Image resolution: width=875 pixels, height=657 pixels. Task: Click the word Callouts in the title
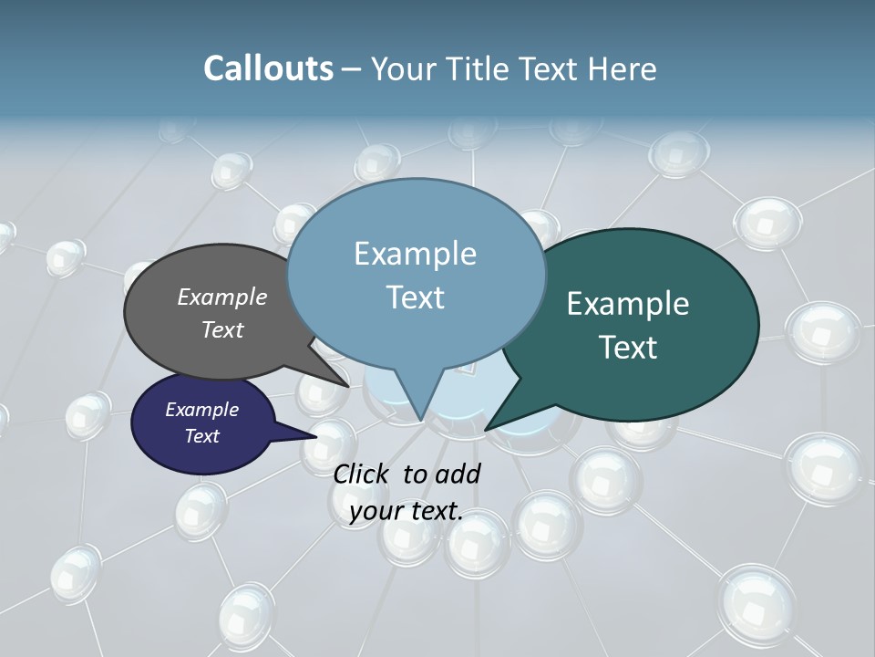pos(268,68)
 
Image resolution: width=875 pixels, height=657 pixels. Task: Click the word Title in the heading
pos(479,68)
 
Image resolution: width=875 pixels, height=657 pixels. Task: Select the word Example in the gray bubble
pos(222,297)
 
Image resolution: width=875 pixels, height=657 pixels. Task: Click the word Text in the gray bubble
pos(222,329)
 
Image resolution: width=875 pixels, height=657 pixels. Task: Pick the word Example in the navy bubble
pos(201,410)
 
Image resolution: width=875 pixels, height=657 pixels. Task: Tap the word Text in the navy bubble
pos(201,436)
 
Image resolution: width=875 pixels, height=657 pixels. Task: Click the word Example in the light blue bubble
pos(415,254)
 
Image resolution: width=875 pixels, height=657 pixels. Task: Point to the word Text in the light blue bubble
pos(415,297)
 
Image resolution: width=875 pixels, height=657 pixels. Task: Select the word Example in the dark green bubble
pos(627,304)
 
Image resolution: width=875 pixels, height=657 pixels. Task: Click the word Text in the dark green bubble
pos(627,348)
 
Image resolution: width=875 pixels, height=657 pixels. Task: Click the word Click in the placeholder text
pos(364,474)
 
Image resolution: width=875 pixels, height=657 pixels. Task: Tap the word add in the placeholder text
pos(457,474)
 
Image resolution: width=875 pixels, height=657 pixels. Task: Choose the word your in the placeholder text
pos(375,511)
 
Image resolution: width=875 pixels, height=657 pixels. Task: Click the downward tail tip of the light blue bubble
pos(421,419)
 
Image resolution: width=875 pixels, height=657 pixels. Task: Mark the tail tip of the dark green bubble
pos(488,428)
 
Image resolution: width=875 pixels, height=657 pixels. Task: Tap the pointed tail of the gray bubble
pos(347,385)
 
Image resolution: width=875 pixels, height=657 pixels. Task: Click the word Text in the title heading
pos(551,68)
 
